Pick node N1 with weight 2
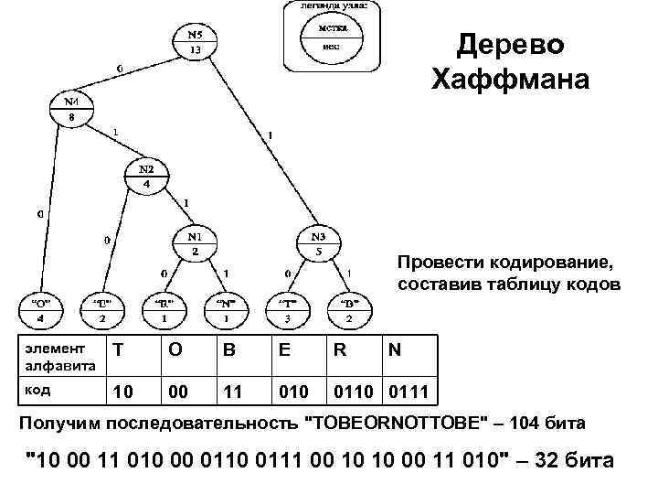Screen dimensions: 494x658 click(195, 242)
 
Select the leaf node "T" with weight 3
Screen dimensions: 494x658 click(287, 310)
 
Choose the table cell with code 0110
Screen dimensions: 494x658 click(353, 392)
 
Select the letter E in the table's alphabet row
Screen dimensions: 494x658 click(288, 351)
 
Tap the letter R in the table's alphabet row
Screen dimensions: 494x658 click(339, 351)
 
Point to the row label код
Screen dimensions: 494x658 click(37, 389)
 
